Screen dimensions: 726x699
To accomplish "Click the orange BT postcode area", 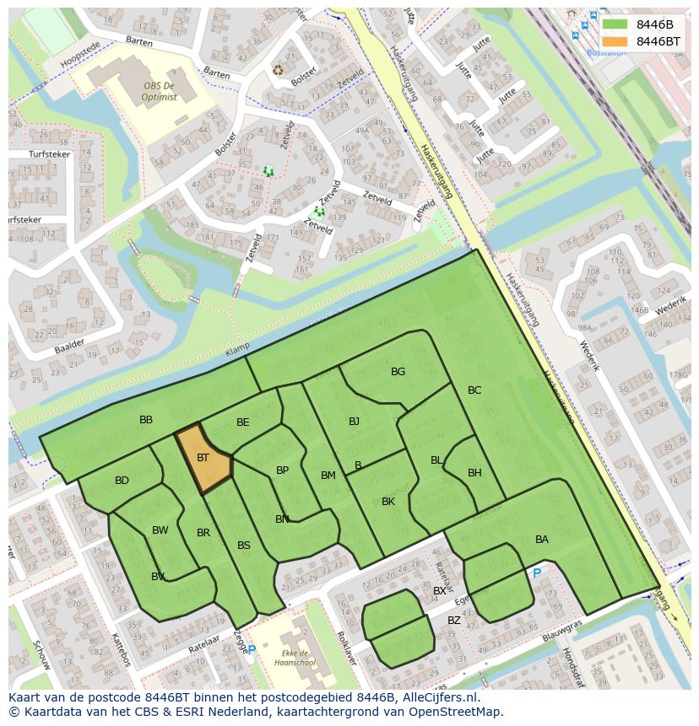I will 203,460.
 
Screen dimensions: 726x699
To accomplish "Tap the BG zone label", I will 398,372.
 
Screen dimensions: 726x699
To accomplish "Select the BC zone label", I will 474,390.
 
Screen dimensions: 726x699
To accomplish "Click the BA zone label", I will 542,540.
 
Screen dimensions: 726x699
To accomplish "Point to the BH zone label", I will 474,473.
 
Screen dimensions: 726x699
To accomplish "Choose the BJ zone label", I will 354,422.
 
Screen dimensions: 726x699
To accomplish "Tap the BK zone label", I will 388,502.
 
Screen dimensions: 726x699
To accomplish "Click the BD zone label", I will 122,481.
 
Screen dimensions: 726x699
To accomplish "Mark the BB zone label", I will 146,420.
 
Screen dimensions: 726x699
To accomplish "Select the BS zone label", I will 244,546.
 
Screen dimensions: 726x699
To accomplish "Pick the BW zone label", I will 160,530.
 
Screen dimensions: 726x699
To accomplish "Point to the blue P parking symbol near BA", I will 536,573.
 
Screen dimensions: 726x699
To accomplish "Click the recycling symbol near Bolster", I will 278,70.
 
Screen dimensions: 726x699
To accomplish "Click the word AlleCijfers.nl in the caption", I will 438,697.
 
